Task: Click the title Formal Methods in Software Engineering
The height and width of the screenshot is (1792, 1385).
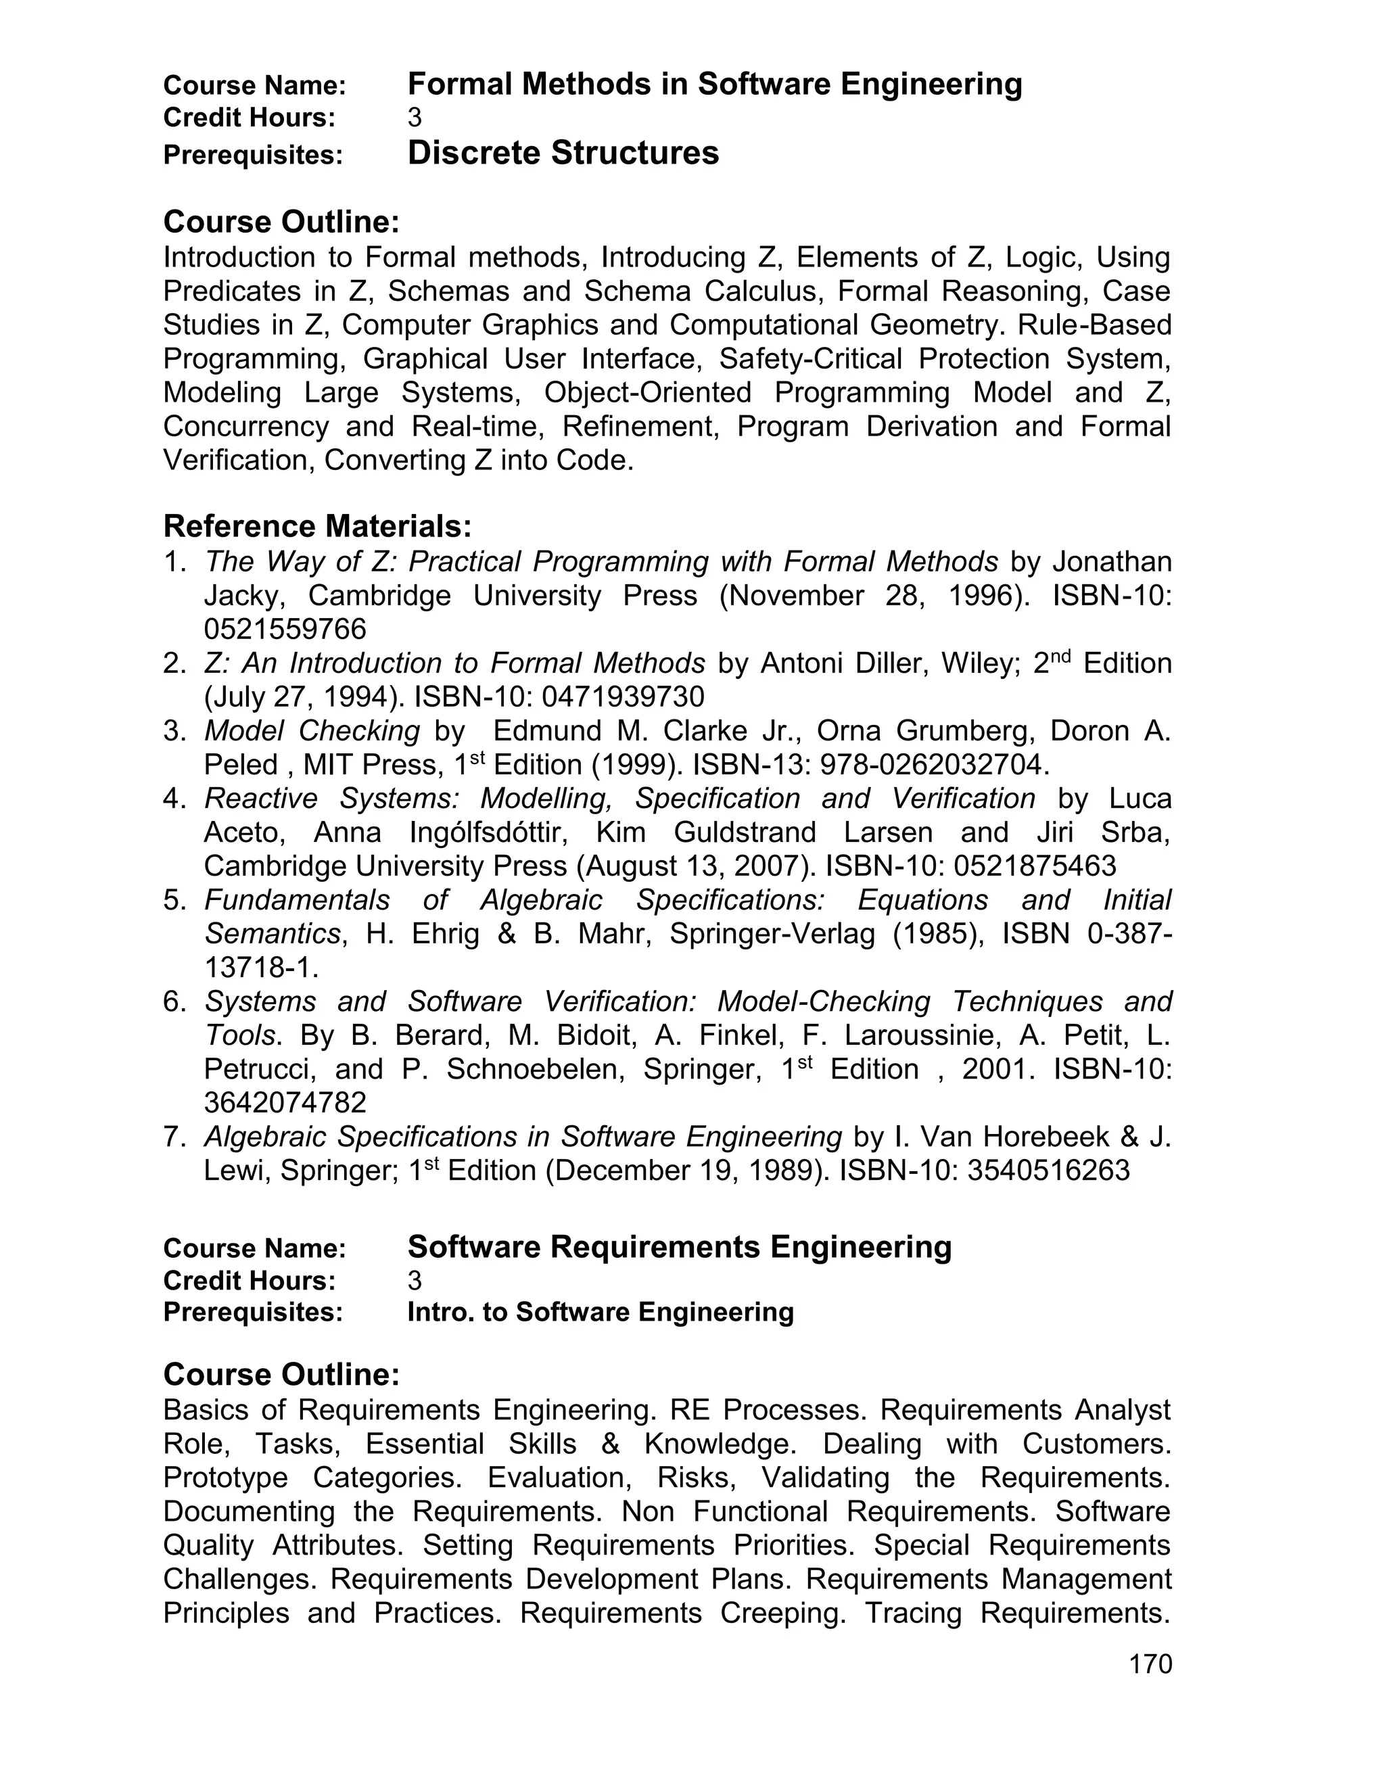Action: [x=715, y=85]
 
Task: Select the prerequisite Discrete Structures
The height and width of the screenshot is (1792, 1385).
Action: [x=563, y=154]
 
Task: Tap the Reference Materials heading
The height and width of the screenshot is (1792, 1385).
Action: [x=318, y=525]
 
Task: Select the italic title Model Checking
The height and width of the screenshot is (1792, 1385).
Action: [x=312, y=730]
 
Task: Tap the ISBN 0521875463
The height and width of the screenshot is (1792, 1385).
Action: [x=1035, y=866]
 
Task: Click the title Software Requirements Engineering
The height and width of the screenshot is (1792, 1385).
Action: [x=680, y=1246]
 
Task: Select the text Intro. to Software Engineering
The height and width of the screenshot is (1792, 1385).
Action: [x=601, y=1312]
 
